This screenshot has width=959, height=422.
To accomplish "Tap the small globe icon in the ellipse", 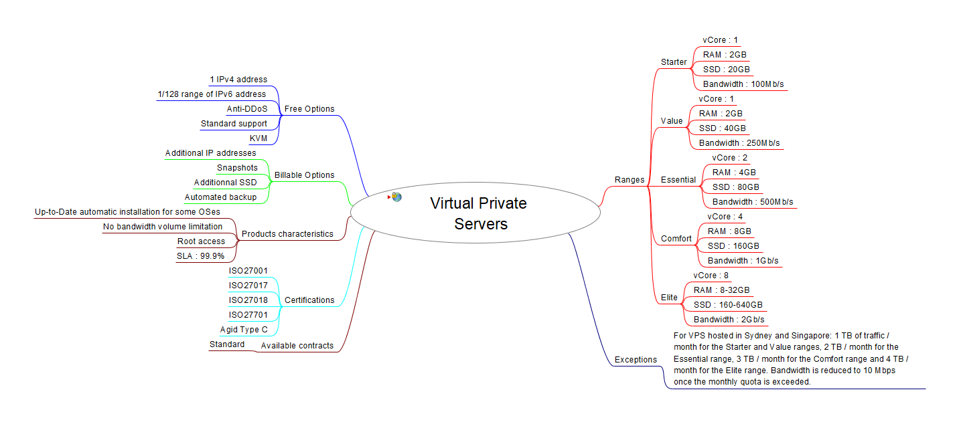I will pos(396,197).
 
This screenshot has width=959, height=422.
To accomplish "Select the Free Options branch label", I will pos(309,109).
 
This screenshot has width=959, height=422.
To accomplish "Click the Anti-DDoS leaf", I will pos(246,109).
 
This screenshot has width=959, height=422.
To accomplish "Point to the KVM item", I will pos(258,138).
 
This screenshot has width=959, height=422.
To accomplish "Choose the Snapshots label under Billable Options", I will pos(237,168).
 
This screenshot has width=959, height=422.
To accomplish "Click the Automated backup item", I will pos(220,197).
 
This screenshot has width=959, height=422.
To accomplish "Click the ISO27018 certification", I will pos(248,300).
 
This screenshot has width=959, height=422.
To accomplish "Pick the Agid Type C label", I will pos(244,330).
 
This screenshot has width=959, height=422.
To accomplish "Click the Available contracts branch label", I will pos(297,346).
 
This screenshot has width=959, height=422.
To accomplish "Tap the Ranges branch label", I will pos(630,180).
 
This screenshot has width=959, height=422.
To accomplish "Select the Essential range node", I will pos(678,180).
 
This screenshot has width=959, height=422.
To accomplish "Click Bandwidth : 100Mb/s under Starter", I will pos(743,84).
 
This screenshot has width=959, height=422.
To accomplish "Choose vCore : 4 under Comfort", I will pos(725,217).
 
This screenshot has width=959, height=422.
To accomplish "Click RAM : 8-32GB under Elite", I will pos(721,290).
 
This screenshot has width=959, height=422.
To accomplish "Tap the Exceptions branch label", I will pos(636,360).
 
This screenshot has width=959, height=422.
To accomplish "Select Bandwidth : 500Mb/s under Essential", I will pos(753,202).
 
